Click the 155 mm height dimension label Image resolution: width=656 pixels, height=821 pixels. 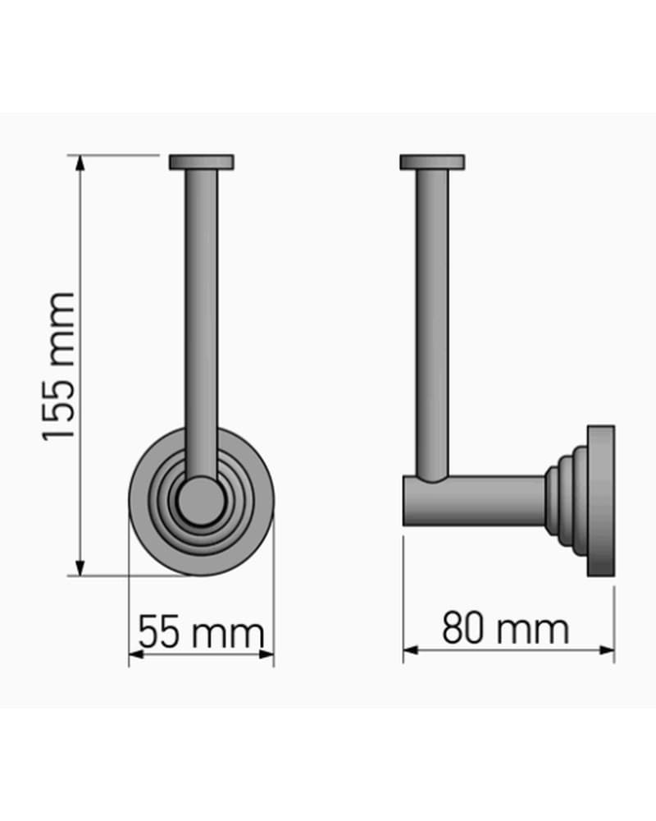tap(58, 366)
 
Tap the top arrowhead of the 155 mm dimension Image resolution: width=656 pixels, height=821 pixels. tap(80, 163)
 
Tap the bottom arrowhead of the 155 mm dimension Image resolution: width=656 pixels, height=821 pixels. tap(80, 567)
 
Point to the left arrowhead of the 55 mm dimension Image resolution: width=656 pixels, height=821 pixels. tap(136, 654)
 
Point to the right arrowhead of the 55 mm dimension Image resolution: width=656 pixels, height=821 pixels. tap(266, 654)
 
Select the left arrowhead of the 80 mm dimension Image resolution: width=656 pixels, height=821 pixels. tap(411, 650)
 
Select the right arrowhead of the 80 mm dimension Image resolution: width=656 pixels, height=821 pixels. tap(607, 650)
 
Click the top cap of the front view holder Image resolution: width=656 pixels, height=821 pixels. tap(202, 162)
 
